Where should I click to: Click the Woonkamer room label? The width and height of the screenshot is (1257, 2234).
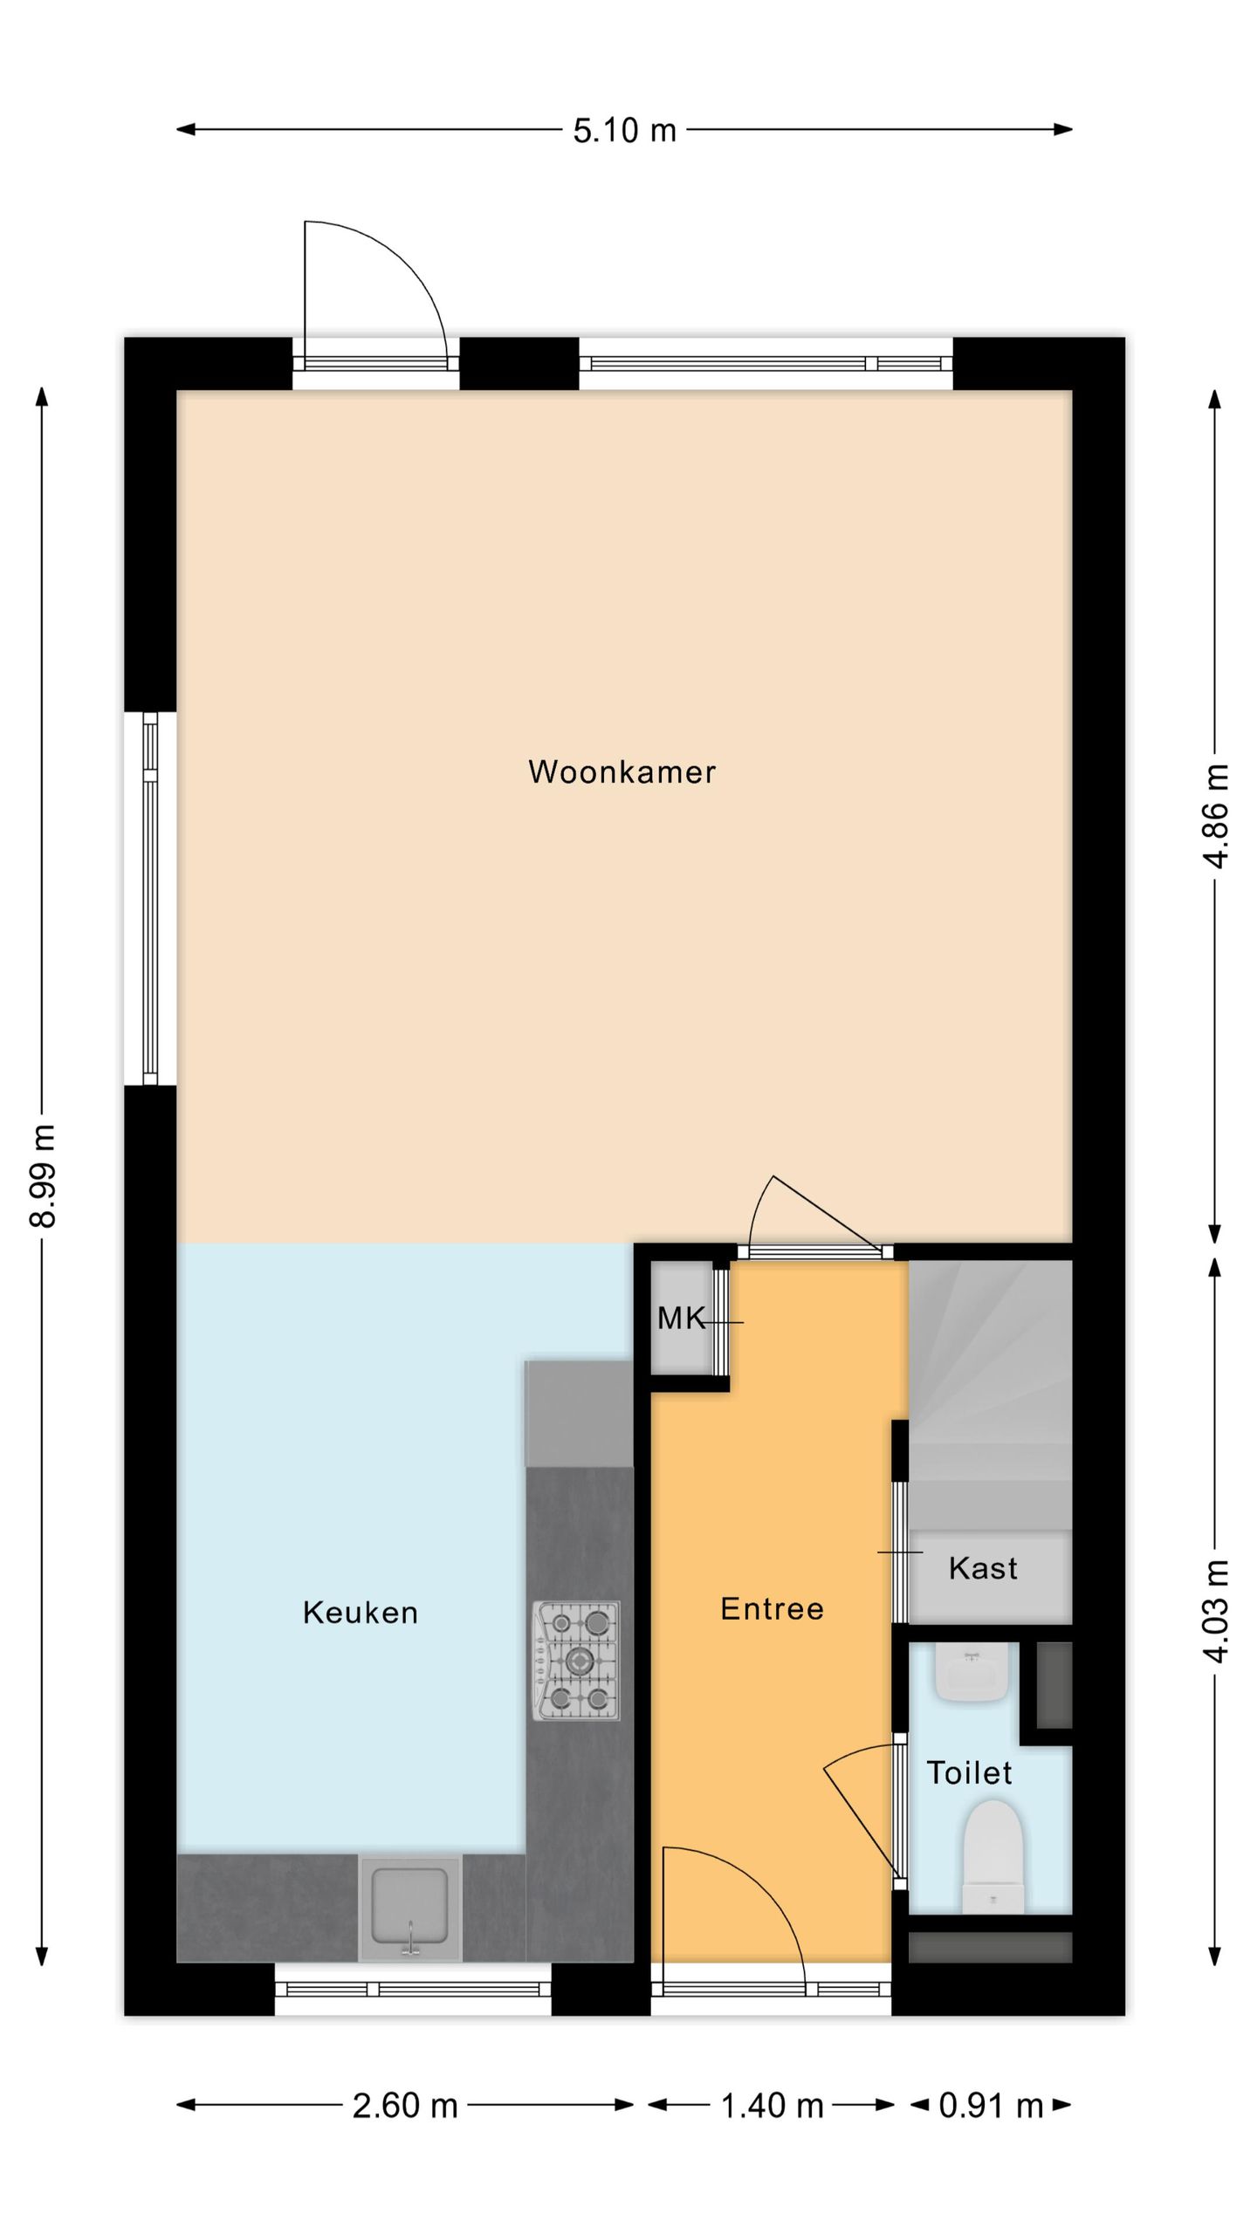click(622, 771)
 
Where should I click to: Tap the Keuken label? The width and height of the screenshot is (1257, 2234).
click(361, 1613)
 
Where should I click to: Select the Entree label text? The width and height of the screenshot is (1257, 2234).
click(772, 1609)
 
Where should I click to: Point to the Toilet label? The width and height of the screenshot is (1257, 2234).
click(969, 1773)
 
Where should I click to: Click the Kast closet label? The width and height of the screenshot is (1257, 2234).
click(983, 1569)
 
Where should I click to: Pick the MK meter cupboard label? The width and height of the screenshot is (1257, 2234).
click(682, 1319)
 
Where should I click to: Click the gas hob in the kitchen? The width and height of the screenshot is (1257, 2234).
click(576, 1662)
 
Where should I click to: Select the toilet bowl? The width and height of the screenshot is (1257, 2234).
click(993, 1859)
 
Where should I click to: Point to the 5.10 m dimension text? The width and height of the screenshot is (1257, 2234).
click(624, 131)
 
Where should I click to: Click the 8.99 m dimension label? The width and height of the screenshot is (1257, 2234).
click(43, 1175)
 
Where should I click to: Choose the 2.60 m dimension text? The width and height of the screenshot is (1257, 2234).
click(405, 2106)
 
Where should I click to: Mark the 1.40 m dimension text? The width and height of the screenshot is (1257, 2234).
click(773, 2106)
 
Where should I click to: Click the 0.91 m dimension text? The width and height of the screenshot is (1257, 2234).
click(991, 2106)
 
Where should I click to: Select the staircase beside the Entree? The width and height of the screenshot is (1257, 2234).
click(990, 1396)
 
